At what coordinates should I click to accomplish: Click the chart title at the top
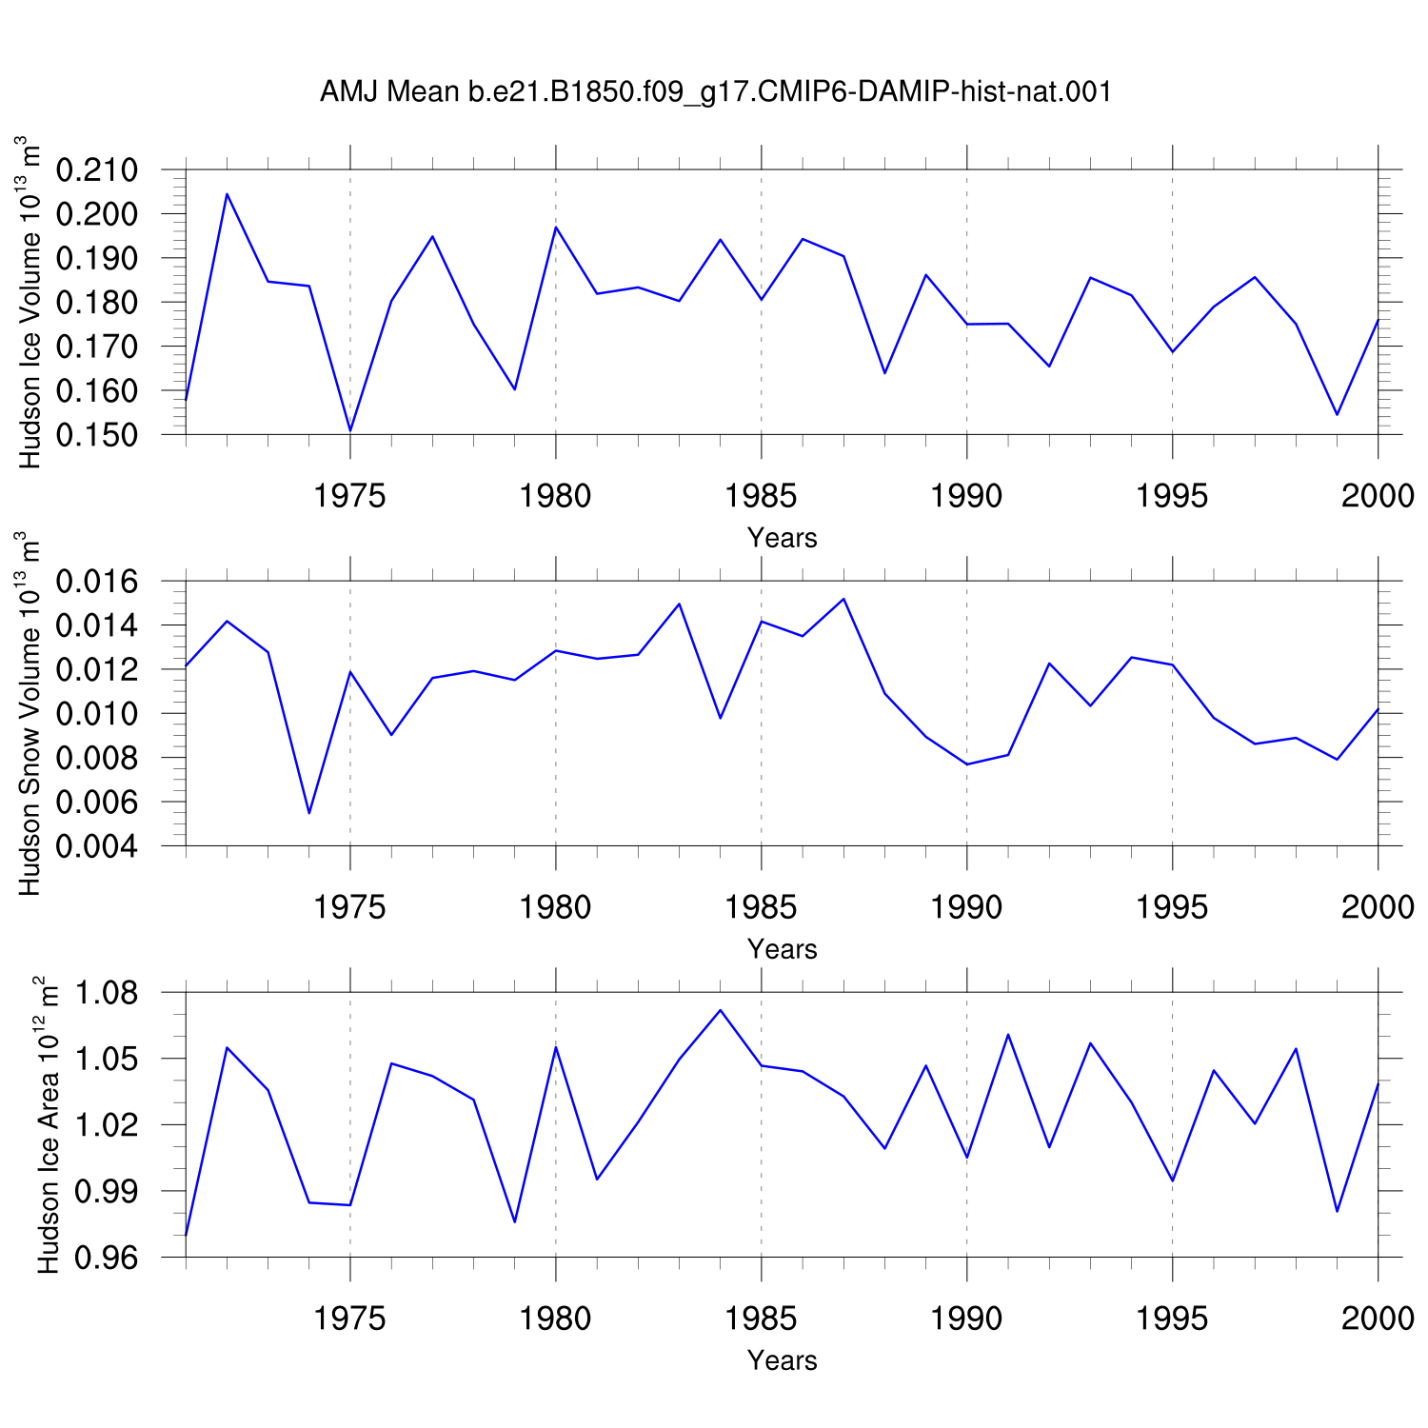coord(716,92)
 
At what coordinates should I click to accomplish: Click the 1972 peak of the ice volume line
coord(227,194)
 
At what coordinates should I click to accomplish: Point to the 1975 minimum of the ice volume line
coord(350,430)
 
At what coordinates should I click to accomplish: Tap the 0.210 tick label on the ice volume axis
coord(97,170)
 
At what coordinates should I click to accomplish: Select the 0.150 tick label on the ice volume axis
coord(97,435)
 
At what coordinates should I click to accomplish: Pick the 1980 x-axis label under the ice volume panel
coord(555,496)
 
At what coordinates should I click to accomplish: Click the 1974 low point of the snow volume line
coord(309,813)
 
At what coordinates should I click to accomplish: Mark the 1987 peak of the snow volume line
coord(843,599)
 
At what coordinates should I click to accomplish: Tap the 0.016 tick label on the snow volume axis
coord(97,582)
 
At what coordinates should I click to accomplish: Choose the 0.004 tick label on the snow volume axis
coord(97,846)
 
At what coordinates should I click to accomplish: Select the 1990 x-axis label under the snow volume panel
coord(966,907)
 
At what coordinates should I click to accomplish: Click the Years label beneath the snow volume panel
coord(783,949)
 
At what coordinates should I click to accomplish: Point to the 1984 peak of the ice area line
coord(721,1010)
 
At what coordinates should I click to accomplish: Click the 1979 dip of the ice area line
coord(515,1221)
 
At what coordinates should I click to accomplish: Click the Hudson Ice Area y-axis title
coord(47,1124)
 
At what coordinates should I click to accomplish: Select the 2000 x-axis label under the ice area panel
coord(1378,1319)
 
